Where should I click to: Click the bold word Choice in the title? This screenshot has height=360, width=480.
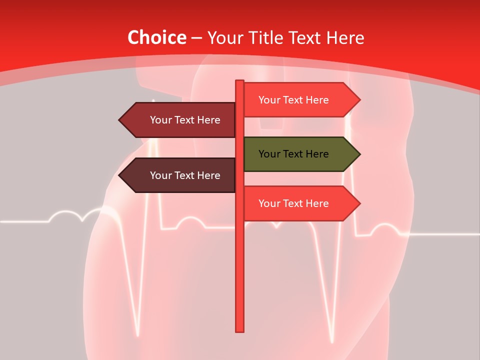click(x=156, y=38)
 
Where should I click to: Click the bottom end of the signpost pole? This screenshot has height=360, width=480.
click(x=239, y=330)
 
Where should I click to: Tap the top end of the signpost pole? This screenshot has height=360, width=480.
click(x=239, y=81)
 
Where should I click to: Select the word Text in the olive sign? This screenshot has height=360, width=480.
click(x=293, y=154)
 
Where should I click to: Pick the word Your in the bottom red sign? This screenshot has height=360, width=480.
click(x=269, y=203)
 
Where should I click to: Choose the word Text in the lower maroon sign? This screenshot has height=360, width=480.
click(x=185, y=175)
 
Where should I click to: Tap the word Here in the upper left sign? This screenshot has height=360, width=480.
click(x=208, y=120)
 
